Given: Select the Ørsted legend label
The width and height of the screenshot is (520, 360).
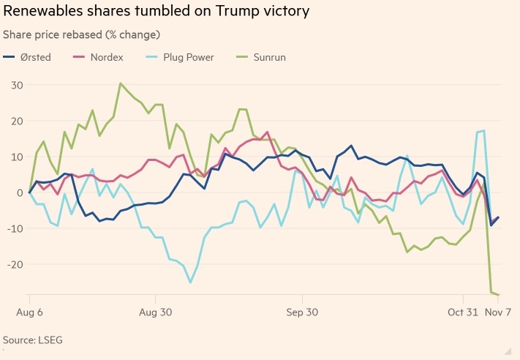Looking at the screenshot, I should pos(35,57).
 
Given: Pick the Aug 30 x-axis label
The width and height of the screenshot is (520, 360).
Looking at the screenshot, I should pos(156,312).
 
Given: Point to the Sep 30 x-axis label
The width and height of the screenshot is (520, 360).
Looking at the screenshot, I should pos(302,312).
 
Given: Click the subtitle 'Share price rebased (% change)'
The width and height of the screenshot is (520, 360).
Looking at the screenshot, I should pos(82,34).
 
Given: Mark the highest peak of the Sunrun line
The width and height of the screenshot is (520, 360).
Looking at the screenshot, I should pos(121,83).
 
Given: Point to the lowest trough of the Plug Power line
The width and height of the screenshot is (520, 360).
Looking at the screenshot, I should pos(190,282).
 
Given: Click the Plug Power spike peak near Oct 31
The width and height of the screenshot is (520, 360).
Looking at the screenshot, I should pos(483,131).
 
